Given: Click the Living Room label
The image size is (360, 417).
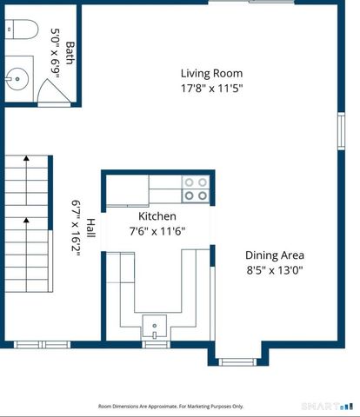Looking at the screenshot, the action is click(211, 73).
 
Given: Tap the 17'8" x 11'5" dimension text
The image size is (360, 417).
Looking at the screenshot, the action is click(211, 88).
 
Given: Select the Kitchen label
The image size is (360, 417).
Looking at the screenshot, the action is click(157, 216).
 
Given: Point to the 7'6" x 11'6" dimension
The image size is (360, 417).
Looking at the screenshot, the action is click(157, 231).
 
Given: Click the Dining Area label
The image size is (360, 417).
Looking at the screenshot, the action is click(275, 255).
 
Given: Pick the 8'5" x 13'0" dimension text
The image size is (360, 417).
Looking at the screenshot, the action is click(275, 270).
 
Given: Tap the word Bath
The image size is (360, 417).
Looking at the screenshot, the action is click(70, 53).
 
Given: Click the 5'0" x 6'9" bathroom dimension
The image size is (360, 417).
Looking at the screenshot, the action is click(55, 53).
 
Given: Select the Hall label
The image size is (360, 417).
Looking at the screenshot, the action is click(90, 228).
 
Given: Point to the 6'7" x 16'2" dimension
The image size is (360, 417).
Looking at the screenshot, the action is click(76, 228).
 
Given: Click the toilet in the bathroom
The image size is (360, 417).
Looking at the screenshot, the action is click(22, 29).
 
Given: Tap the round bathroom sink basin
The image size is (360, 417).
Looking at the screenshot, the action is click(17, 79).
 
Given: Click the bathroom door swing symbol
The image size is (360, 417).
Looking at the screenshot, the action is click(54, 91).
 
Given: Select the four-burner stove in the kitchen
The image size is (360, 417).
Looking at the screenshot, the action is click(196, 189).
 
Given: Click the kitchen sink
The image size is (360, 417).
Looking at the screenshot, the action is click(154, 327).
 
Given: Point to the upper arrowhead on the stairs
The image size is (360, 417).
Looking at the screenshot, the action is click(26, 158).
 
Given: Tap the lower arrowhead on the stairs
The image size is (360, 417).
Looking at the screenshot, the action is click(26, 220).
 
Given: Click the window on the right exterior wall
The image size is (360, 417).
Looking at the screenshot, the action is click(342, 131).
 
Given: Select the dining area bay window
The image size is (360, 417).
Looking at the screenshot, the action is click(237, 362).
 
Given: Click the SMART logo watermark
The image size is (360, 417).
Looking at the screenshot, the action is click(327, 407).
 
